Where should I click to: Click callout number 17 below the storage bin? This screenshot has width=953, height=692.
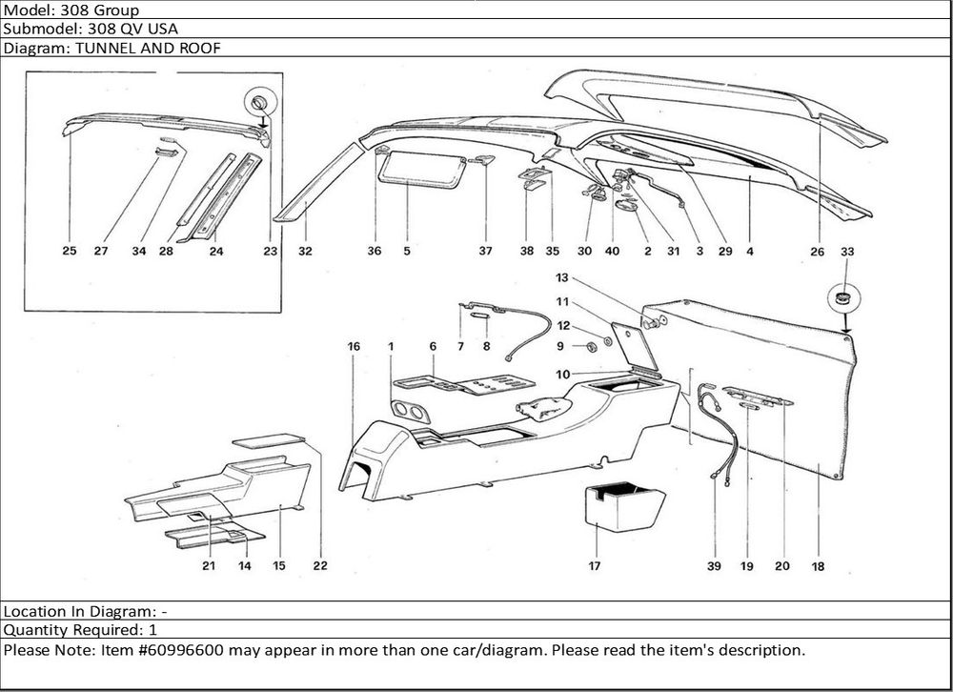click(595, 566)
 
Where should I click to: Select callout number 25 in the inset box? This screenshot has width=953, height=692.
click(69, 252)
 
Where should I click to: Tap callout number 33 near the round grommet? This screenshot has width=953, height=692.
click(847, 252)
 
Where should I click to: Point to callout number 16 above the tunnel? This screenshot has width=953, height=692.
click(355, 346)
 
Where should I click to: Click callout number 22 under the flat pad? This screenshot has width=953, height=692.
click(320, 566)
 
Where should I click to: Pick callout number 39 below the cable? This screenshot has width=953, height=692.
click(714, 566)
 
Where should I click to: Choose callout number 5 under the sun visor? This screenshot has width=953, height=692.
click(407, 252)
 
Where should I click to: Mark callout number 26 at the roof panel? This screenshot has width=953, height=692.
click(817, 252)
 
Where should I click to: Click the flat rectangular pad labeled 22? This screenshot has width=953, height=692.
click(269, 441)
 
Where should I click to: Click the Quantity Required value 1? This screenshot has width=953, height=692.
click(153, 631)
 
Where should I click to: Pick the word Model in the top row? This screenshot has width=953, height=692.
click(24, 10)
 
